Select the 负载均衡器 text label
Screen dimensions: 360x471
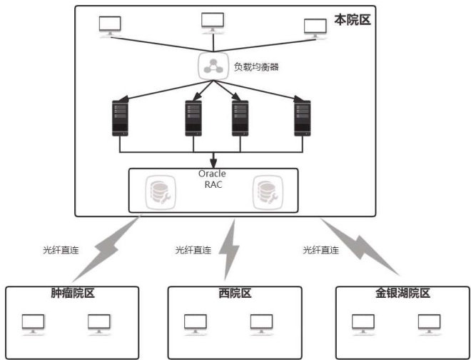point(256,68)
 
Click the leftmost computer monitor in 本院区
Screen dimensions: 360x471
point(111,26)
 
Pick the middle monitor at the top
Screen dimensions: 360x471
point(212,23)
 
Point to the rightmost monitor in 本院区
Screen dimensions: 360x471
point(315,27)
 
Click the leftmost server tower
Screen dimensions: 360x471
point(121,117)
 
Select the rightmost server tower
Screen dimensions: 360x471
point(303,117)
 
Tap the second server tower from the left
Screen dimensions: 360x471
point(193,117)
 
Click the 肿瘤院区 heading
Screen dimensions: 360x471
point(63,294)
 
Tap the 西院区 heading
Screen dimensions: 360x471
point(233,294)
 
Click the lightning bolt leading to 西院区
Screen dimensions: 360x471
point(230,250)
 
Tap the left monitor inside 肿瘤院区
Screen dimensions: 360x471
point(33,324)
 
